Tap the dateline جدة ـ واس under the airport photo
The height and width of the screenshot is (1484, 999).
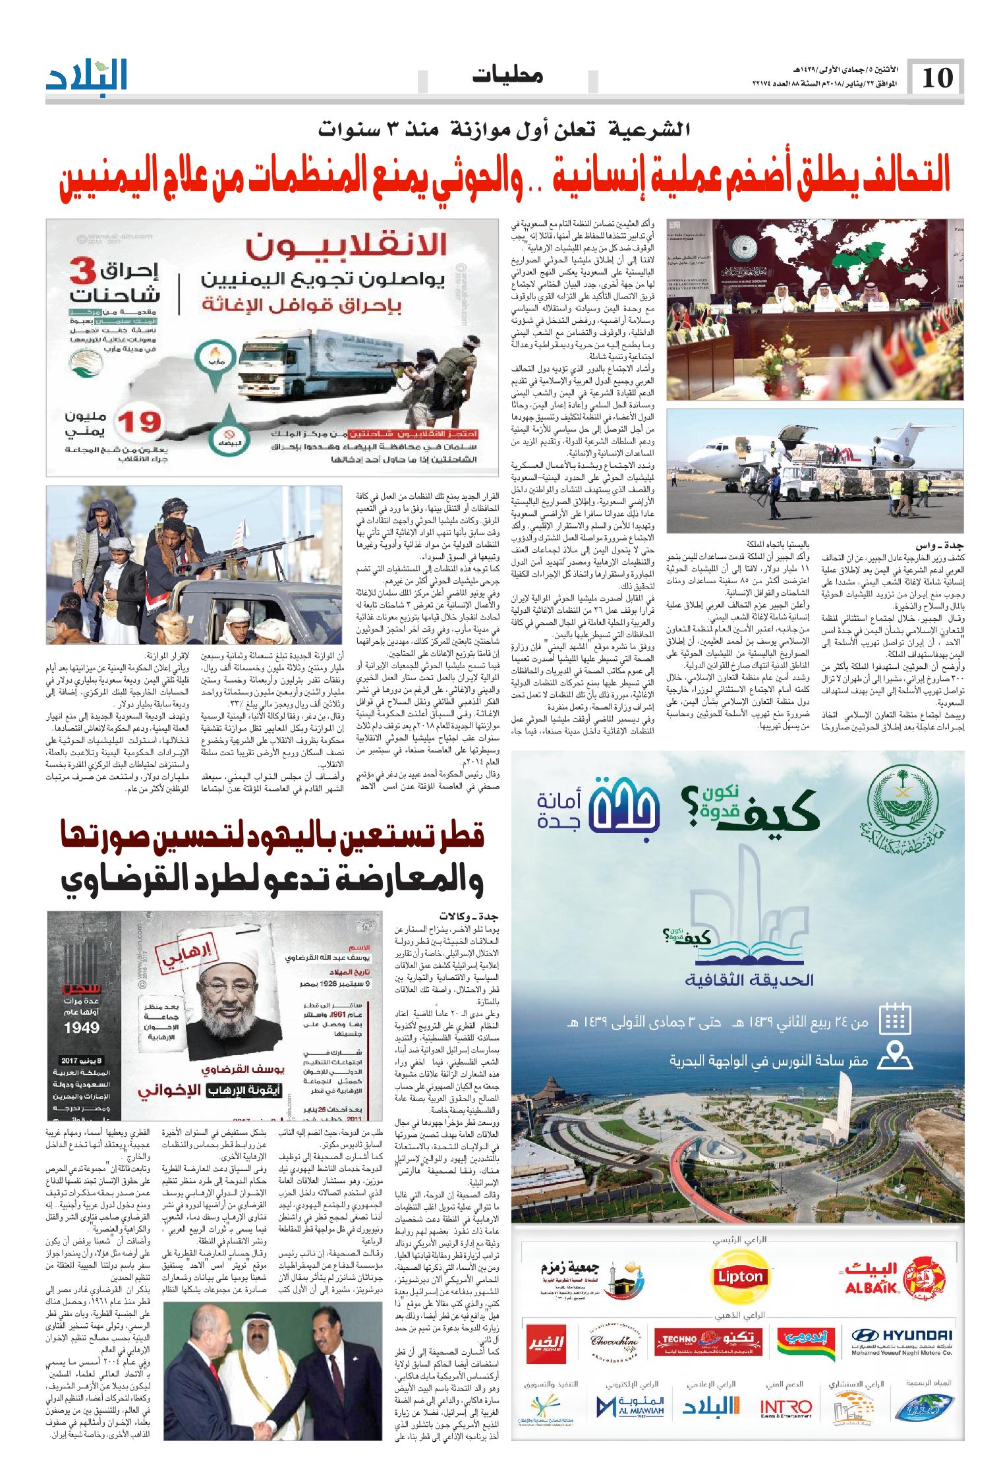[940, 544]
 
